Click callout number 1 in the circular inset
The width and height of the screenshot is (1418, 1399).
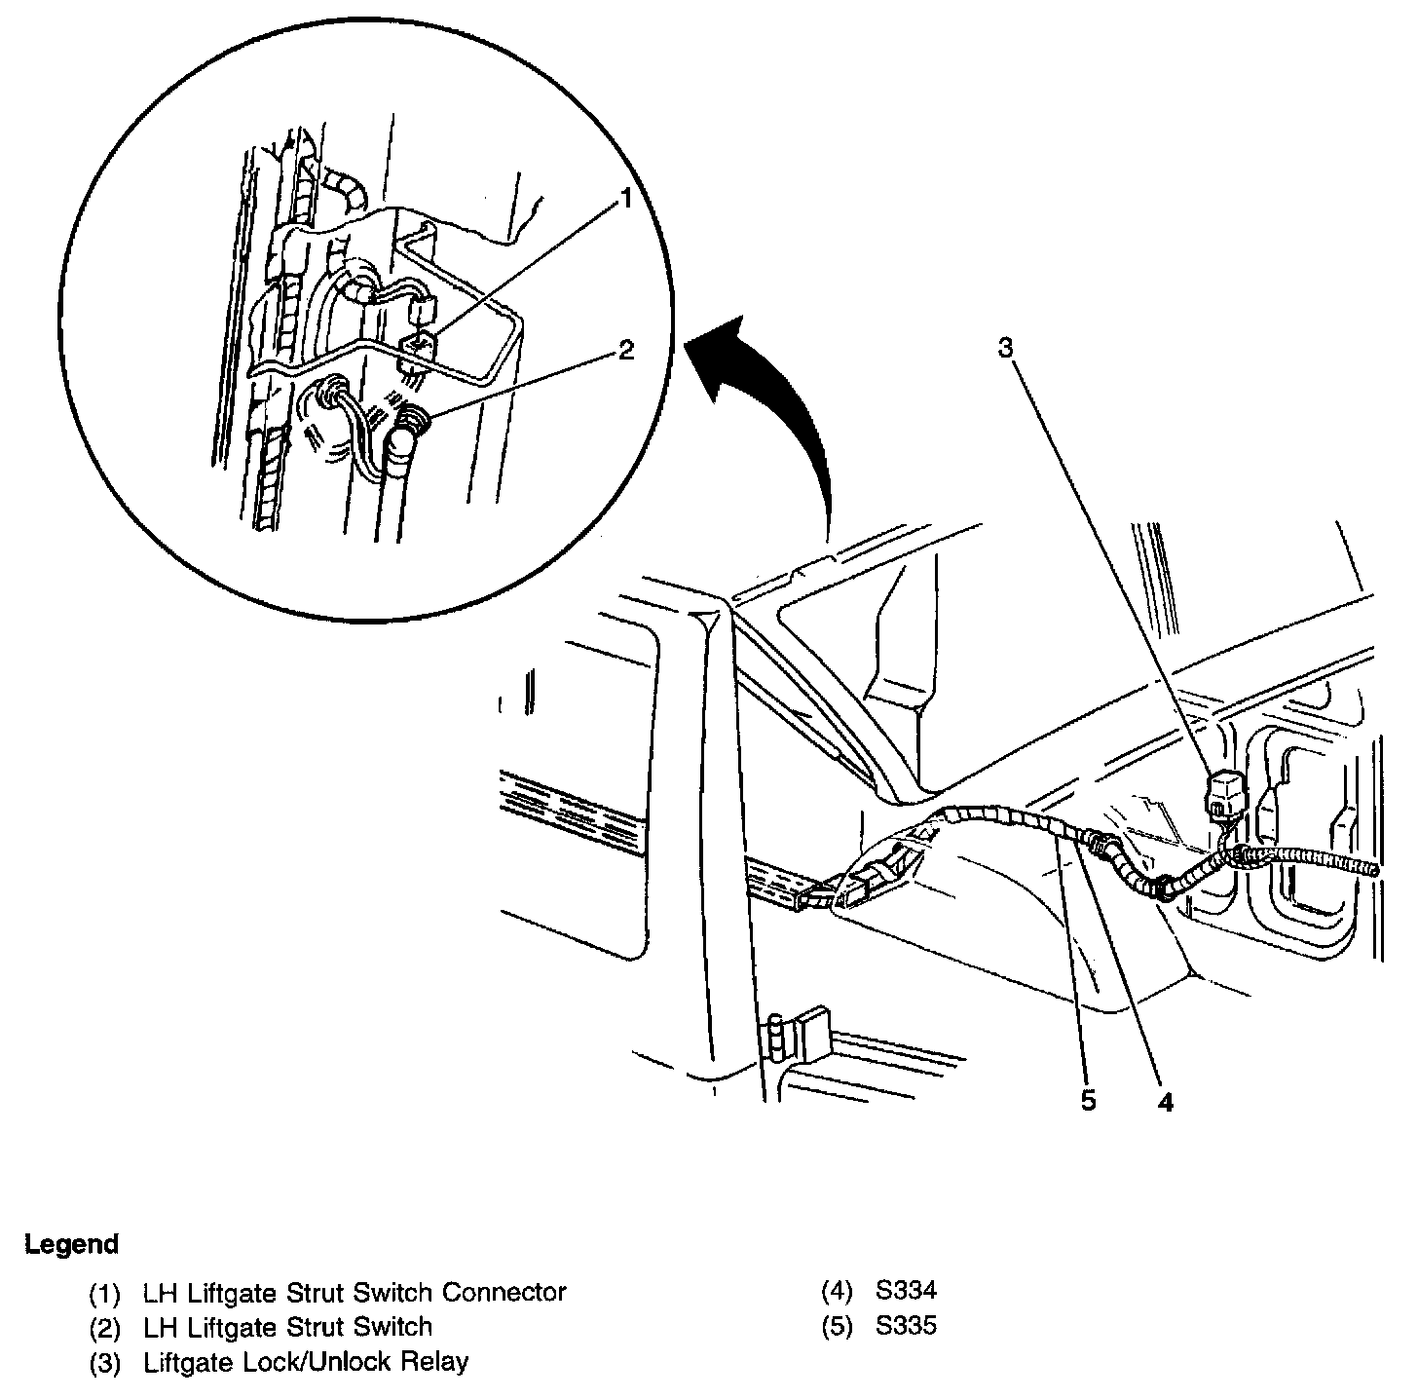click(626, 200)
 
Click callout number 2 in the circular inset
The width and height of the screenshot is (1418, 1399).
click(626, 350)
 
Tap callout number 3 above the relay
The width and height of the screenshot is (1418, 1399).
click(1007, 348)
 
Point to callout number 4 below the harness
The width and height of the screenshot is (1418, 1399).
click(1166, 1101)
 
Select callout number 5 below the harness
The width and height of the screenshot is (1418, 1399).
click(1087, 1101)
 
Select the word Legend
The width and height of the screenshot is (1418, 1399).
click(71, 1244)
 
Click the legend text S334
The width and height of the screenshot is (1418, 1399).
click(906, 1292)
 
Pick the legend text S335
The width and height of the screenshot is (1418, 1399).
click(906, 1326)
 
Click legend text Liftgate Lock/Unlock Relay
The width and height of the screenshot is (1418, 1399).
click(306, 1361)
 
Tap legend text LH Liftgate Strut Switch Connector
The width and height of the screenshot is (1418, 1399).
click(354, 1292)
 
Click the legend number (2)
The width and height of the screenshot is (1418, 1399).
click(104, 1327)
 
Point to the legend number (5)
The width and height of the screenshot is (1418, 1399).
click(838, 1327)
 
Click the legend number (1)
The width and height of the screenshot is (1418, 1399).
click(104, 1293)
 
